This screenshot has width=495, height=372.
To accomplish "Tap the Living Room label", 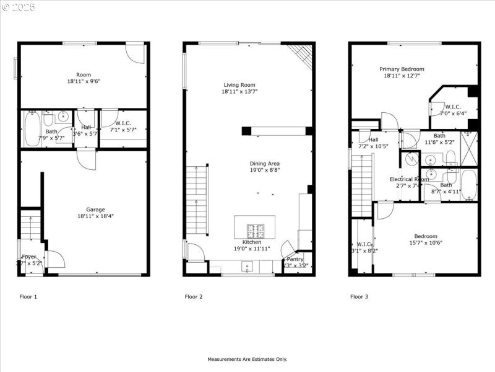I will pyautogui.click(x=239, y=85).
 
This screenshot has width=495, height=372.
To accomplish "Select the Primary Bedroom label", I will pyautogui.click(x=402, y=69).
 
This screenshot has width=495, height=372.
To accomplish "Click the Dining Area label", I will pyautogui.click(x=265, y=164).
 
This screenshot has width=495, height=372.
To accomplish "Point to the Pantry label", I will pyautogui.click(x=295, y=259).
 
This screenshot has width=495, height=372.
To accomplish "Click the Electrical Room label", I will pyautogui.click(x=408, y=179).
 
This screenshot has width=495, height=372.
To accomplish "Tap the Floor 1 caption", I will pyautogui.click(x=28, y=297).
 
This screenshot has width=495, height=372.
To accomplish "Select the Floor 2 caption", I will pyautogui.click(x=194, y=297).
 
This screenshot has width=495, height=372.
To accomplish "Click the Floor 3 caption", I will pyautogui.click(x=359, y=297).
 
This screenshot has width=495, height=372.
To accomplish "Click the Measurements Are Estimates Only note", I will pyautogui.click(x=247, y=359).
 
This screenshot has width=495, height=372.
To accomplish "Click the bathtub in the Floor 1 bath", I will pyautogui.click(x=32, y=128).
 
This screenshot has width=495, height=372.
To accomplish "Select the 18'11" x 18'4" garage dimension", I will pyautogui.click(x=95, y=216).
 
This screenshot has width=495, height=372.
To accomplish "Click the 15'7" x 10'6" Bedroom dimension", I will pyautogui.click(x=425, y=244).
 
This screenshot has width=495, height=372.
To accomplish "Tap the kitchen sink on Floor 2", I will pyautogui.click(x=247, y=267).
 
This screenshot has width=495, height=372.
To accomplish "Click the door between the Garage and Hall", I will pyautogui.click(x=86, y=157).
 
